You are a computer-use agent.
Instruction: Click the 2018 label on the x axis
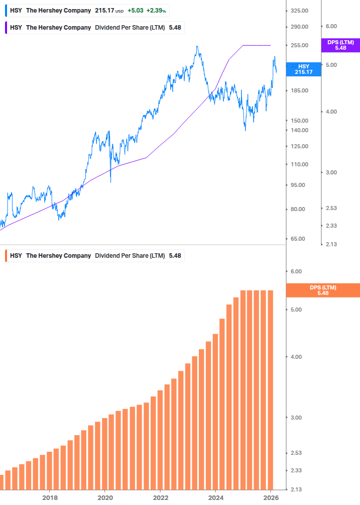click(x=49, y=497)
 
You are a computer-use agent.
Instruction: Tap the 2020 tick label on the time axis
click(x=104, y=497)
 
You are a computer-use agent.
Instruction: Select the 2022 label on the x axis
click(x=160, y=497)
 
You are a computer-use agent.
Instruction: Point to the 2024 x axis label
click(x=215, y=497)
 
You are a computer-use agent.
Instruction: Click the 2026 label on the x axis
click(x=271, y=497)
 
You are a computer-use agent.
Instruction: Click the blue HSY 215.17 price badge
click(x=303, y=69)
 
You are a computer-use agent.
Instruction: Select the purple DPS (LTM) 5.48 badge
click(x=340, y=45)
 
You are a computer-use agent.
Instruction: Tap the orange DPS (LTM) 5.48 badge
click(x=322, y=290)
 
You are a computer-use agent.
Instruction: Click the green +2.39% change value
click(x=157, y=11)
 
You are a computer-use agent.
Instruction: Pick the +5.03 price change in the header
click(x=135, y=11)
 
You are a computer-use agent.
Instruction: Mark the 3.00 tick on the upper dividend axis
click(x=330, y=172)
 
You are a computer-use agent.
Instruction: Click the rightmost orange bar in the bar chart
click(x=270, y=389)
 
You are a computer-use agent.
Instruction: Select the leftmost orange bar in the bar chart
click(x=2, y=482)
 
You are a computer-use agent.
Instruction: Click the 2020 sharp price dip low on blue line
click(x=110, y=182)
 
